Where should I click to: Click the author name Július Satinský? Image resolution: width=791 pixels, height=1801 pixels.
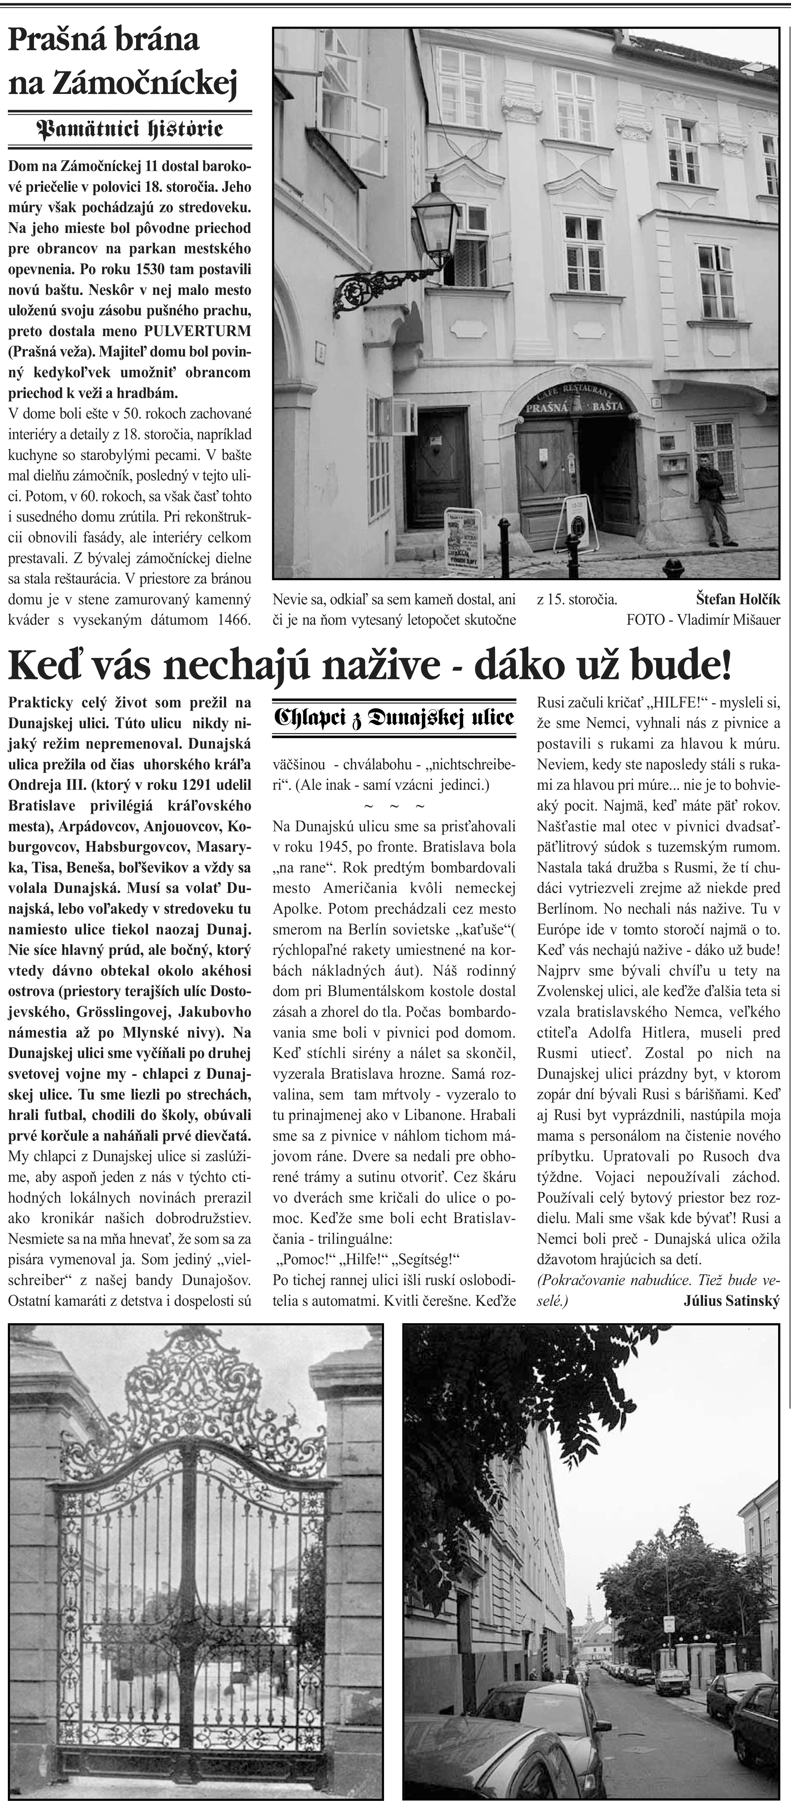730,1302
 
